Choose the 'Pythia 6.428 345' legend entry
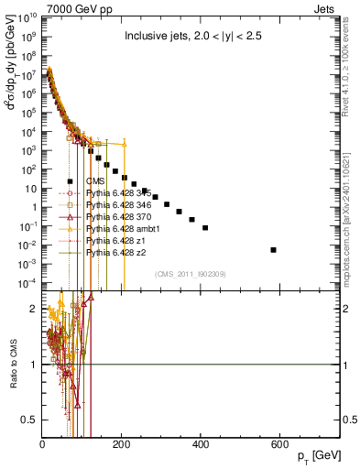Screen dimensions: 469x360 pos(116,193)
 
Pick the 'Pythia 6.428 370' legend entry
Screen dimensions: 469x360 pos(116,216)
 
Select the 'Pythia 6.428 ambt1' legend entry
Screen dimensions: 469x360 pos(119,228)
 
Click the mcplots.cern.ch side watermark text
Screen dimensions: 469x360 pos(352,220)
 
